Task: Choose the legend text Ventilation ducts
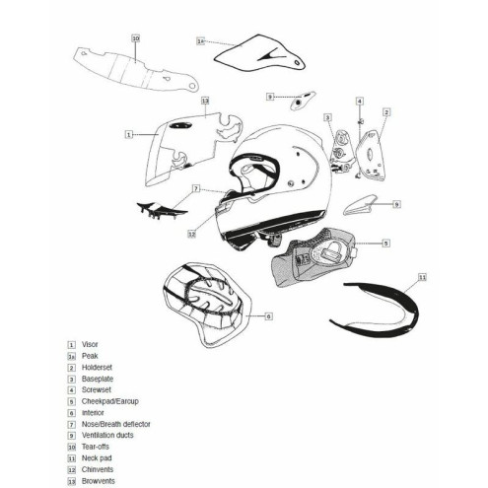(x=106, y=434)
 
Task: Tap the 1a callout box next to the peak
(x=200, y=41)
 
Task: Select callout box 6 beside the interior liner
(x=268, y=318)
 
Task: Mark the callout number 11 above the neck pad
(x=422, y=278)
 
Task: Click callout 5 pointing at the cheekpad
(x=386, y=242)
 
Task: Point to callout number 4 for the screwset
(x=360, y=102)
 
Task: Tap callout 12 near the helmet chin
(x=193, y=235)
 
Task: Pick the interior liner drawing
(x=207, y=303)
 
